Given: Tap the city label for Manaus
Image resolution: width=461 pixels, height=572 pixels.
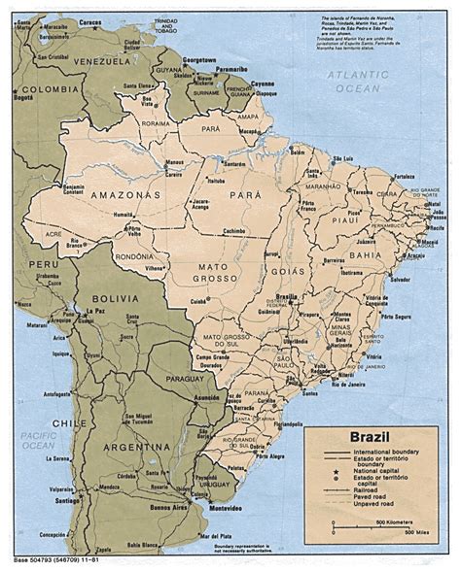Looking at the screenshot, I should pos(148,162).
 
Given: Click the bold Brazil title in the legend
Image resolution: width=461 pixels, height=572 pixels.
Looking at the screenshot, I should pos(362,439).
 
